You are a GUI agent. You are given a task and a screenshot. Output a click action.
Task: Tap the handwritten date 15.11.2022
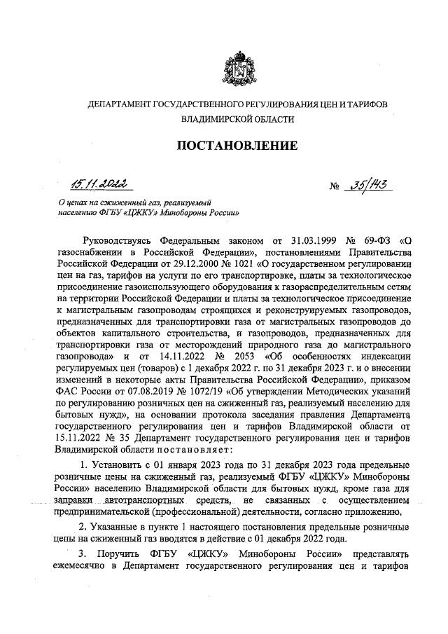(x=97, y=185)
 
